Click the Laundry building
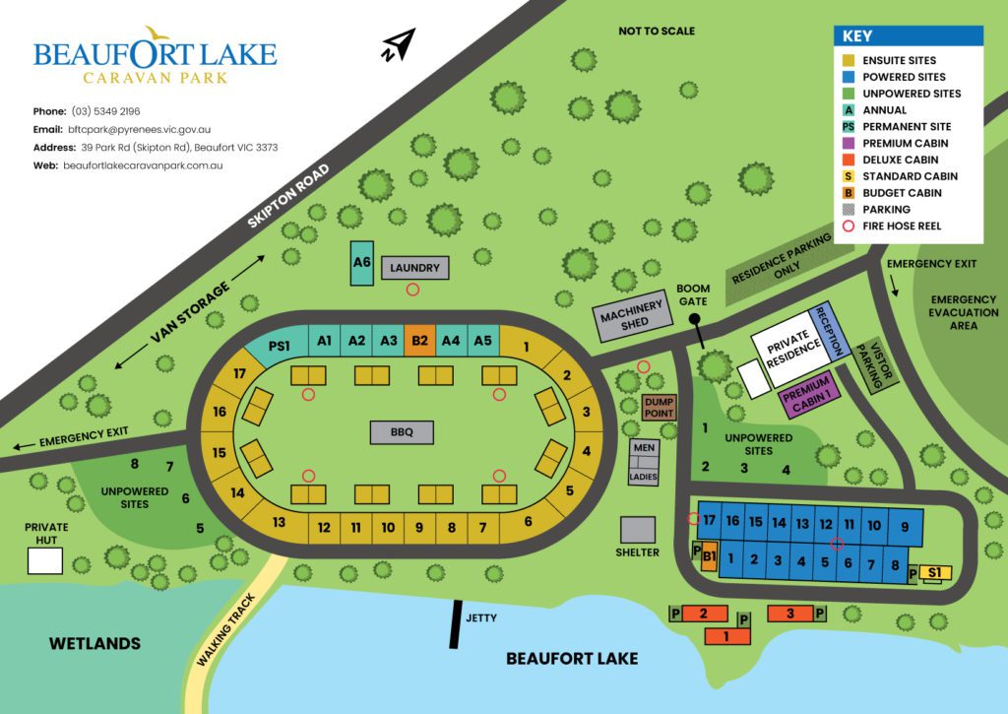pos(414,268)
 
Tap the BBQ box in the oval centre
pos(401,431)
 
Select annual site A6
pos(361,263)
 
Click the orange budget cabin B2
pos(419,341)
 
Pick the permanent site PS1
pos(281,346)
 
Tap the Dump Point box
pos(659,408)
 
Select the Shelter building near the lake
pos(637,530)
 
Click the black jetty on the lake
pos(455,623)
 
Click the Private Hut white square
pos(44,560)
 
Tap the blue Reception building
pos(828,332)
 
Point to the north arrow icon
pos(398,45)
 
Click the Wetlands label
pos(95,644)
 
